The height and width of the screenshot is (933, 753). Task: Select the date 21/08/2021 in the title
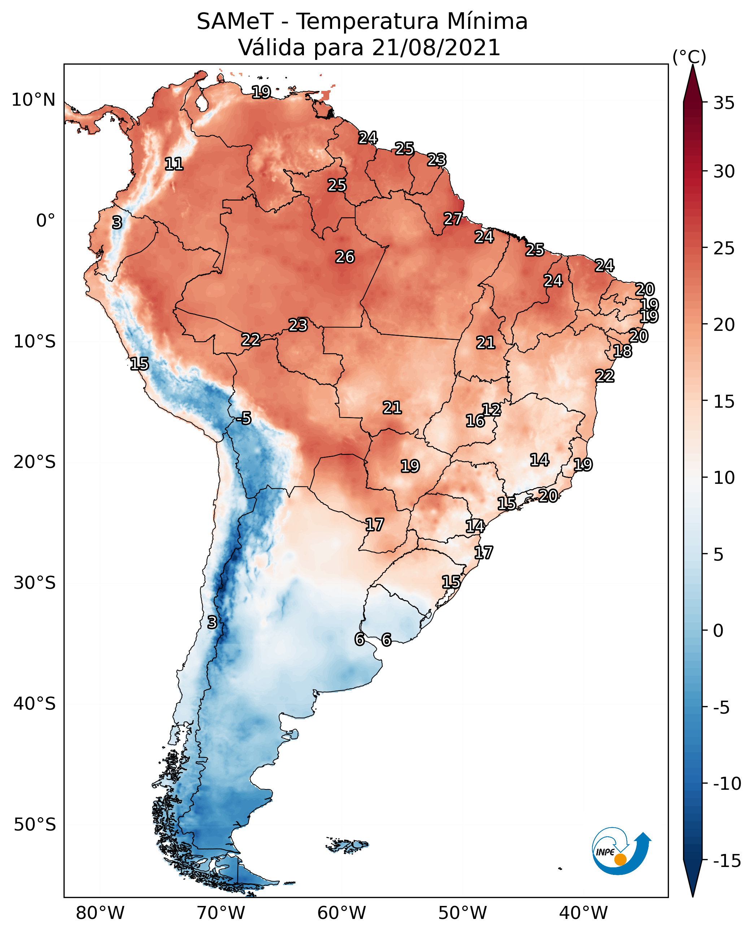click(x=436, y=48)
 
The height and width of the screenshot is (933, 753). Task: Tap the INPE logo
click(x=621, y=851)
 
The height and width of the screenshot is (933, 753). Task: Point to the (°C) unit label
click(x=689, y=57)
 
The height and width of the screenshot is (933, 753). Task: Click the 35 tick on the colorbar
click(x=724, y=103)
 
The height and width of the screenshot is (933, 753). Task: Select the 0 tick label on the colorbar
click(x=718, y=630)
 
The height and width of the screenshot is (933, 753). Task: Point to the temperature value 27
click(x=453, y=219)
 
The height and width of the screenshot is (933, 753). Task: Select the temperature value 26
click(x=345, y=257)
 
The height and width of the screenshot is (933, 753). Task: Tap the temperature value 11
click(x=174, y=164)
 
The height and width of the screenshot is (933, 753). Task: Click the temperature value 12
click(x=491, y=409)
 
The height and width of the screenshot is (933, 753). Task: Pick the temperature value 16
click(x=475, y=421)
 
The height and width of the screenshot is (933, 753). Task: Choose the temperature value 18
click(x=622, y=351)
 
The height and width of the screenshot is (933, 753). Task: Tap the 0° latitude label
click(x=45, y=221)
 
